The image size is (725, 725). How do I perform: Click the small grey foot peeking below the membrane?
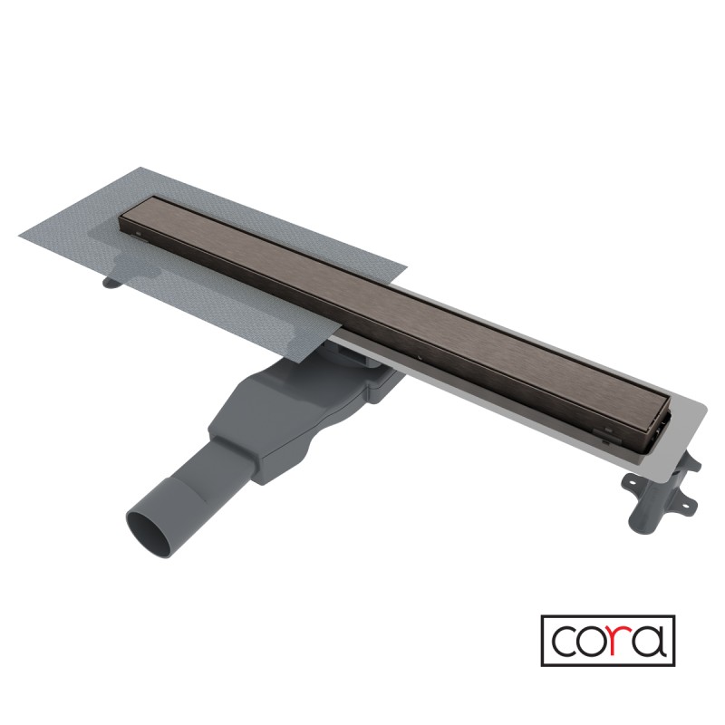pos(111,282)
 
